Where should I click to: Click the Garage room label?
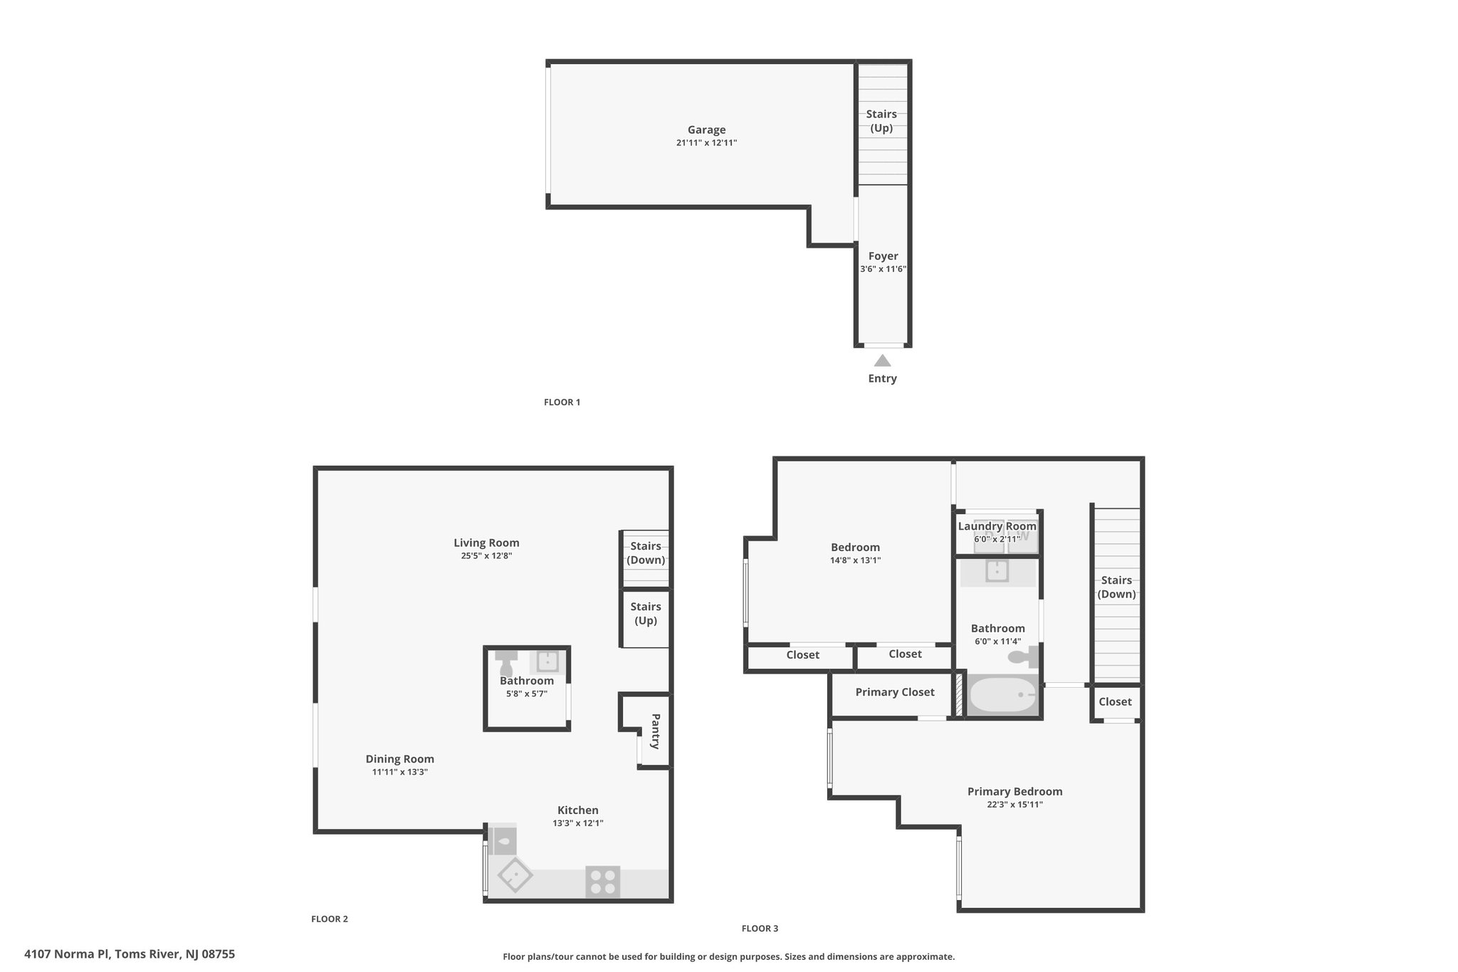coord(706,130)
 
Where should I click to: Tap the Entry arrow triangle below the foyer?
coord(882,361)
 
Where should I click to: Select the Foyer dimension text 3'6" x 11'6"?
coord(883,269)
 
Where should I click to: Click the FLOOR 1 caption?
coord(562,402)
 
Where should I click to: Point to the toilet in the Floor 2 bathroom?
coord(506,662)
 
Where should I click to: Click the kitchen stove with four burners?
coord(602,882)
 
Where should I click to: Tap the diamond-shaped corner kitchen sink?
coord(514,876)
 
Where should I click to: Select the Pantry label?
coord(656,731)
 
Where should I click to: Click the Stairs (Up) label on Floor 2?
coord(645,613)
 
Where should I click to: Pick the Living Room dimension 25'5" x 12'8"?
coord(486,556)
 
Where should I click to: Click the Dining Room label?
coord(399,759)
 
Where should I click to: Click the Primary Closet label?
coord(894,692)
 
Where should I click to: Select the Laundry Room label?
coord(997,526)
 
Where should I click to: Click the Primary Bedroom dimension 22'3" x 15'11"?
coord(1014,805)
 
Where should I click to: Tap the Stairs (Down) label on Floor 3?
coord(1116,587)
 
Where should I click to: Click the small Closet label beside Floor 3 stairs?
coord(1114,702)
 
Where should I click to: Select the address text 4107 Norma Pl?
coord(67,954)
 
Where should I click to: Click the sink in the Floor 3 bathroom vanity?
coord(997,570)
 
